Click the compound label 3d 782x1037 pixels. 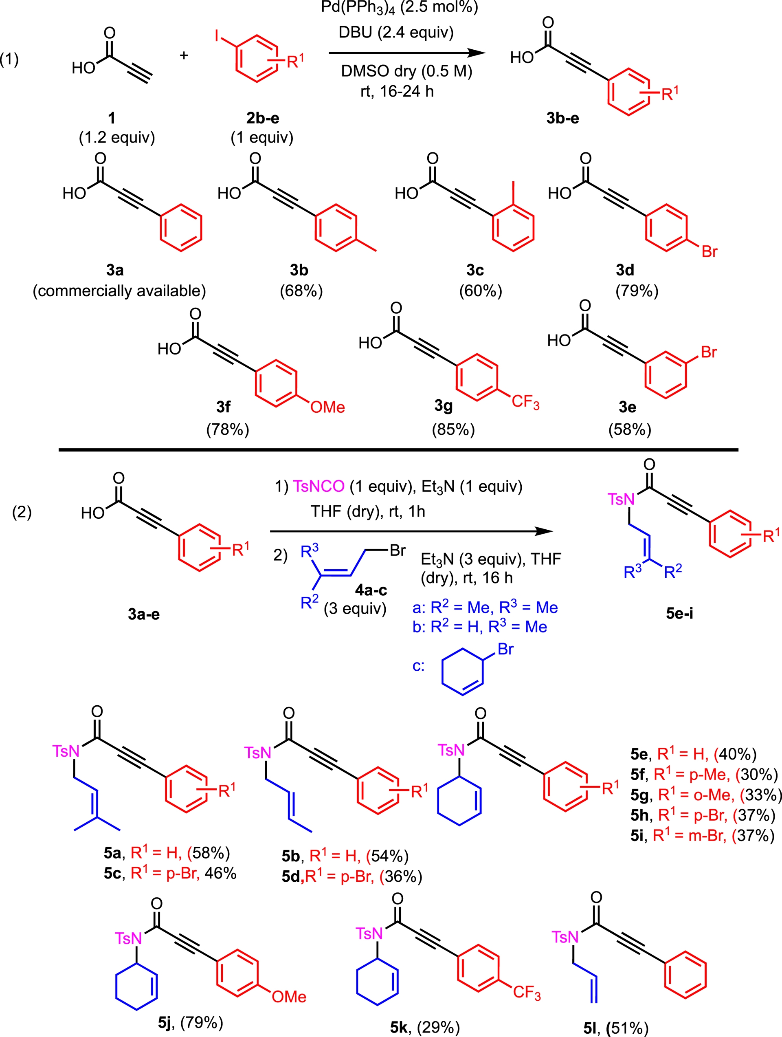click(x=625, y=270)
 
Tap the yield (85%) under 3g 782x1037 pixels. click(x=453, y=429)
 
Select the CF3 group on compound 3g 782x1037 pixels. click(x=525, y=402)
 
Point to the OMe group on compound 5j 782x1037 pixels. click(x=289, y=996)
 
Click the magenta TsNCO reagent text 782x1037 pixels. click(x=319, y=486)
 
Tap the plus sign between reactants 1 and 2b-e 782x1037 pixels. click(x=184, y=55)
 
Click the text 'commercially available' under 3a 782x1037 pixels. click(x=119, y=291)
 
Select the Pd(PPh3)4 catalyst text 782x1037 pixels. click(x=399, y=7)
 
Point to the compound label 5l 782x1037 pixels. click(x=591, y=1028)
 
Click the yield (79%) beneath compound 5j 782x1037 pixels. click(x=202, y=1022)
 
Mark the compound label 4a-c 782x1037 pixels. click(x=371, y=589)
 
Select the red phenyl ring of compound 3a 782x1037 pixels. click(x=181, y=228)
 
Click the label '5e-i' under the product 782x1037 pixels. click(x=679, y=613)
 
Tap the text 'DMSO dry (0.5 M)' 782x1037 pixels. click(x=406, y=71)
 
